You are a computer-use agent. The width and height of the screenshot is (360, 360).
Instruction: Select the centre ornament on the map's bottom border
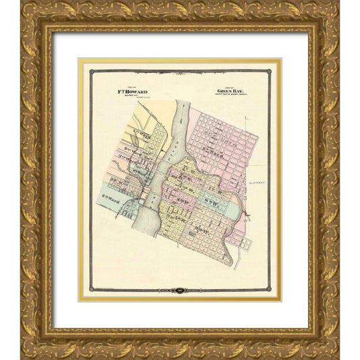[179, 291]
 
